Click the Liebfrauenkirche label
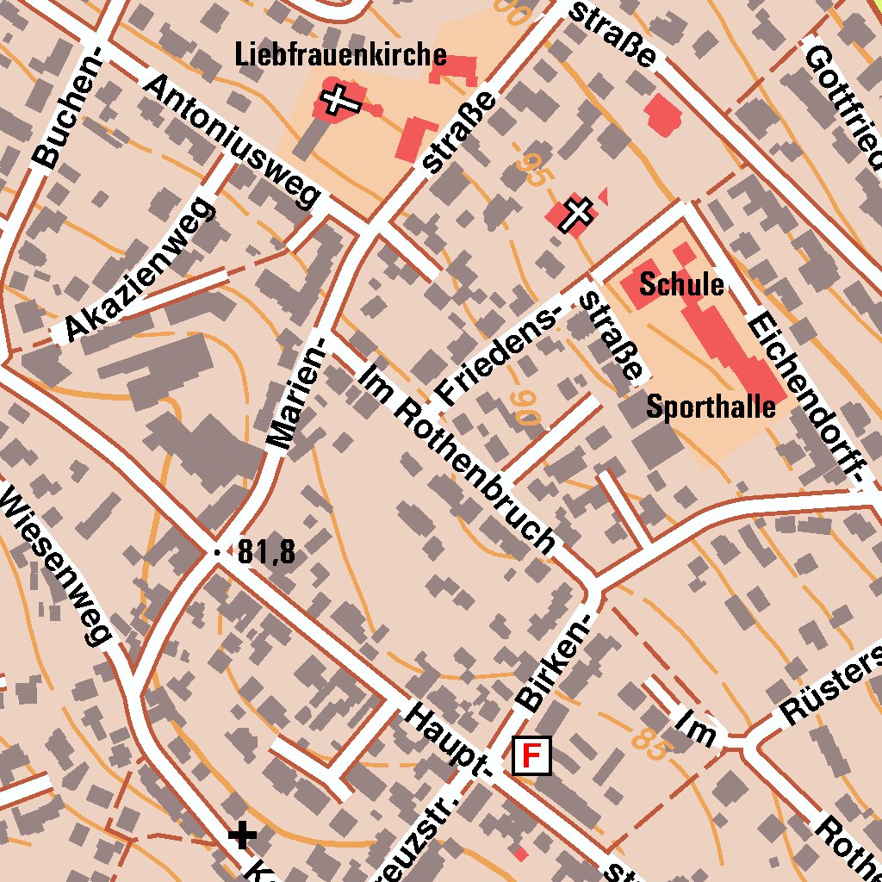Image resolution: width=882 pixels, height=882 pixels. click(341, 56)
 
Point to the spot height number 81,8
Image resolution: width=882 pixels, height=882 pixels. click(266, 552)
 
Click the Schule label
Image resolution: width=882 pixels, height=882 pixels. click(681, 284)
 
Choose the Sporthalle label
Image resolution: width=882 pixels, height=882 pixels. click(711, 407)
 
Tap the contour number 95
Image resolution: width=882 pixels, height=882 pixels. click(531, 170)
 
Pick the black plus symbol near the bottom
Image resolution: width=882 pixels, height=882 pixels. click(243, 834)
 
